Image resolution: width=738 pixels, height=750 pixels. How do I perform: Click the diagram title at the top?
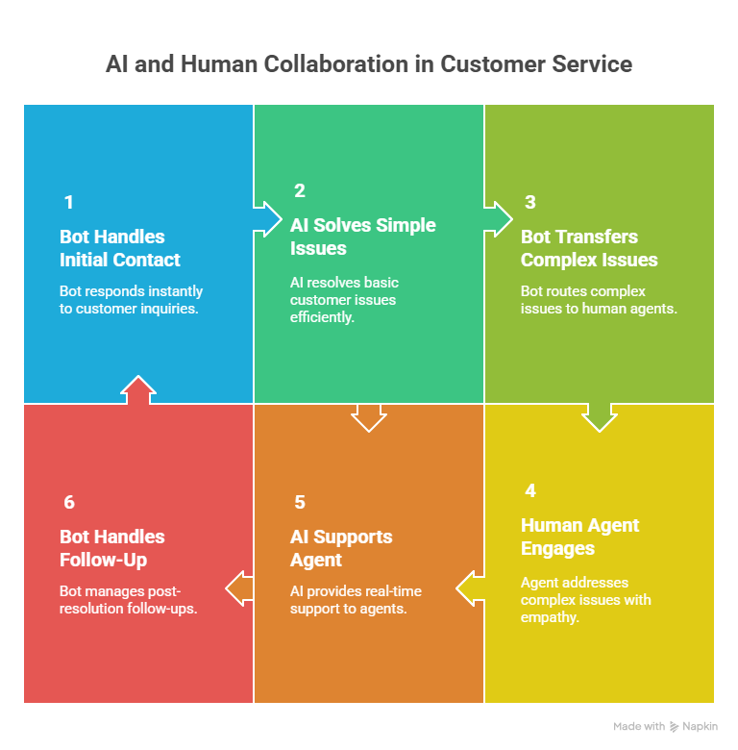pos(369,64)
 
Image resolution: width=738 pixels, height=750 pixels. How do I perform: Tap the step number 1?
pos(68,202)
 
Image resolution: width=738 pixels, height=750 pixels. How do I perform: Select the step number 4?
pos(529,490)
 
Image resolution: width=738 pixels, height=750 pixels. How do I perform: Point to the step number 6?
pos(68,502)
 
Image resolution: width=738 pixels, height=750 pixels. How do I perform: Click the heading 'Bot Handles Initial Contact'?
pos(120,248)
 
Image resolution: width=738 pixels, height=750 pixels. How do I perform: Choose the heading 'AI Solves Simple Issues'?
pos(362,237)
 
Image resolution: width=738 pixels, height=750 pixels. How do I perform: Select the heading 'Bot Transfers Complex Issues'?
pos(589,248)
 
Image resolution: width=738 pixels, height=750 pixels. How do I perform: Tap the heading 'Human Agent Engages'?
pos(579,537)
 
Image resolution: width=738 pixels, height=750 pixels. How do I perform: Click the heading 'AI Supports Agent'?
pos(341,548)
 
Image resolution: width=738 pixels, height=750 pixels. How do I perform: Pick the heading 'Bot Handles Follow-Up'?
pos(112,548)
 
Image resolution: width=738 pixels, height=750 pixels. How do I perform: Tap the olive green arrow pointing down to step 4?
pos(599,416)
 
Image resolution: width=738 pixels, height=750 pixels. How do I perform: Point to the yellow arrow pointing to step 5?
pos(471,588)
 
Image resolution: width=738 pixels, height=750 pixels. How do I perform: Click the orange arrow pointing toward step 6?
pos(240,587)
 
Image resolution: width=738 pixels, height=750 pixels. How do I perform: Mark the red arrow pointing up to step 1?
pos(138,389)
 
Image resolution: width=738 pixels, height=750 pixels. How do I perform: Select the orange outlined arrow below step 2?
pos(368,417)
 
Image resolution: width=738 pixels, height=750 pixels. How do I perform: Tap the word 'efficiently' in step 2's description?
pos(322,317)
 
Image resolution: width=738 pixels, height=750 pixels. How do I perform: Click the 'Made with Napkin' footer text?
pos(665,727)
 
